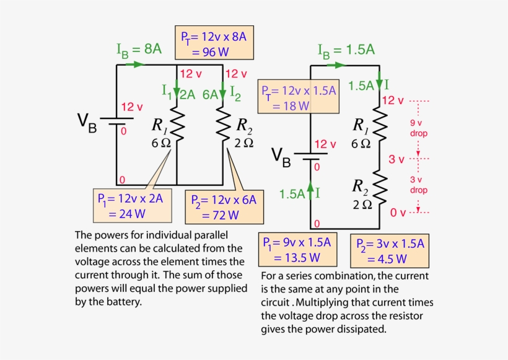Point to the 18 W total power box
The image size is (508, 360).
(x=299, y=97)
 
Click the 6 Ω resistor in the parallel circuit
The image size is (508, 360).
(x=177, y=126)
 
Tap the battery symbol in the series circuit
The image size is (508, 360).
(x=310, y=156)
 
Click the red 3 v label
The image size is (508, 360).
(x=396, y=160)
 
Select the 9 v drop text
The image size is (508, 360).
(x=419, y=128)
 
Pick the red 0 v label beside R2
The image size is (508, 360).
(x=398, y=213)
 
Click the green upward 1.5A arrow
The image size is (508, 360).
(x=310, y=193)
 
